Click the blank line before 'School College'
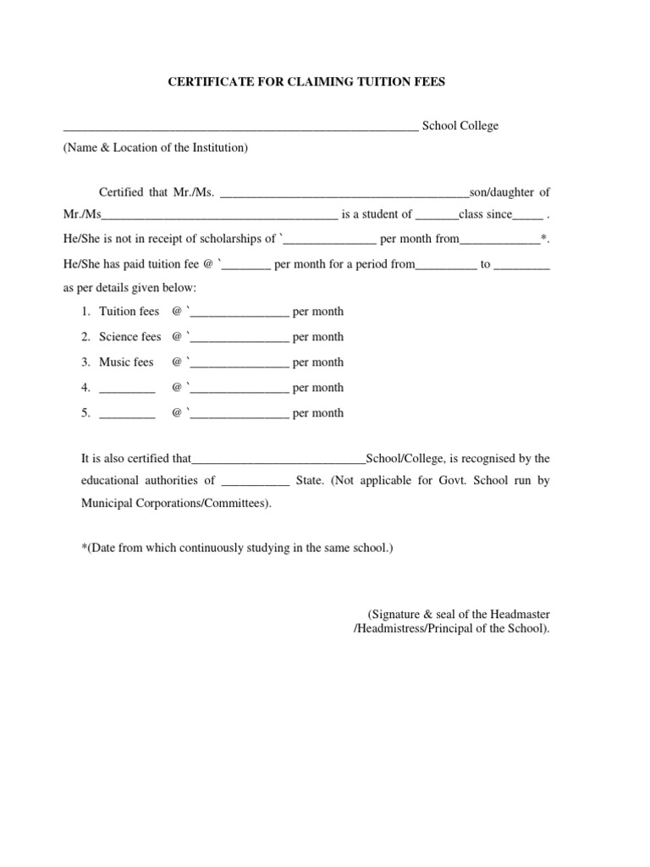(x=240, y=127)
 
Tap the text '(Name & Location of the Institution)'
(x=156, y=147)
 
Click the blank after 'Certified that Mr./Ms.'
(x=344, y=194)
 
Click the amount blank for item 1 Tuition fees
(x=240, y=313)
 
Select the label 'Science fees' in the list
(x=129, y=337)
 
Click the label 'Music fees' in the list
(x=126, y=362)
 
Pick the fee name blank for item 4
(x=127, y=389)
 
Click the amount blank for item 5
(x=240, y=415)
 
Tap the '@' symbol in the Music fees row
(x=177, y=362)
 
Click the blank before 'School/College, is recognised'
(x=278, y=461)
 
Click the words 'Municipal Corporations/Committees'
(x=175, y=503)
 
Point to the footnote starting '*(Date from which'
(x=237, y=548)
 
